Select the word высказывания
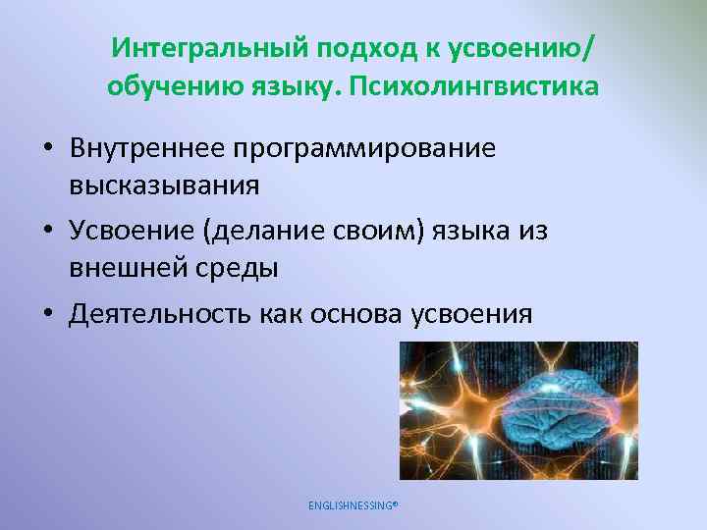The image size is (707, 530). click(164, 185)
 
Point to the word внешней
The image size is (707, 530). click(128, 267)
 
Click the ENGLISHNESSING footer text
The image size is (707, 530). click(353, 505)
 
